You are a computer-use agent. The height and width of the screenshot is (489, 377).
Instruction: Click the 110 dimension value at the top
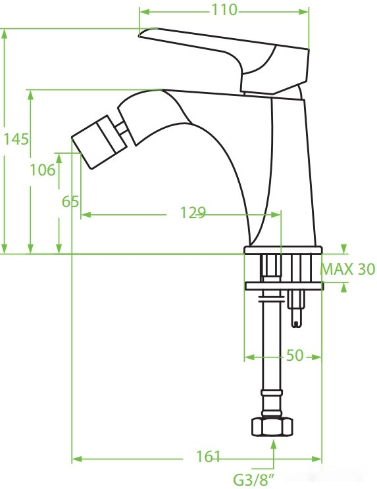[x=224, y=11]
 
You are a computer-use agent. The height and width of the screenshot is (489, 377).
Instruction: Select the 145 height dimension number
[x=15, y=139]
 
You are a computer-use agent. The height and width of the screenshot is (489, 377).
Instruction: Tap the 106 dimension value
[x=43, y=170]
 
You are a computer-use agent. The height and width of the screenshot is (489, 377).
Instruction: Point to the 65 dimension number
[x=70, y=201]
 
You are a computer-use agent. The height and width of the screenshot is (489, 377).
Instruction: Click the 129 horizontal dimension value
[x=193, y=213]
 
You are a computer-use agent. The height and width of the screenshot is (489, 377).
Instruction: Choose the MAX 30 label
[x=347, y=269]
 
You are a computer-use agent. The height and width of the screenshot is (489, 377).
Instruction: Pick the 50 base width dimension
[x=295, y=356]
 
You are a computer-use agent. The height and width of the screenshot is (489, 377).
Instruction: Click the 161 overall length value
[x=209, y=457]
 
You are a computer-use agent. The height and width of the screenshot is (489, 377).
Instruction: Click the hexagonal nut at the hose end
[x=272, y=427]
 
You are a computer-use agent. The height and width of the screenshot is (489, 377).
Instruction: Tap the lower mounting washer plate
[x=284, y=286]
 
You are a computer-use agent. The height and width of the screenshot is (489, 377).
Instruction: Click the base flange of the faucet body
[x=284, y=250]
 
